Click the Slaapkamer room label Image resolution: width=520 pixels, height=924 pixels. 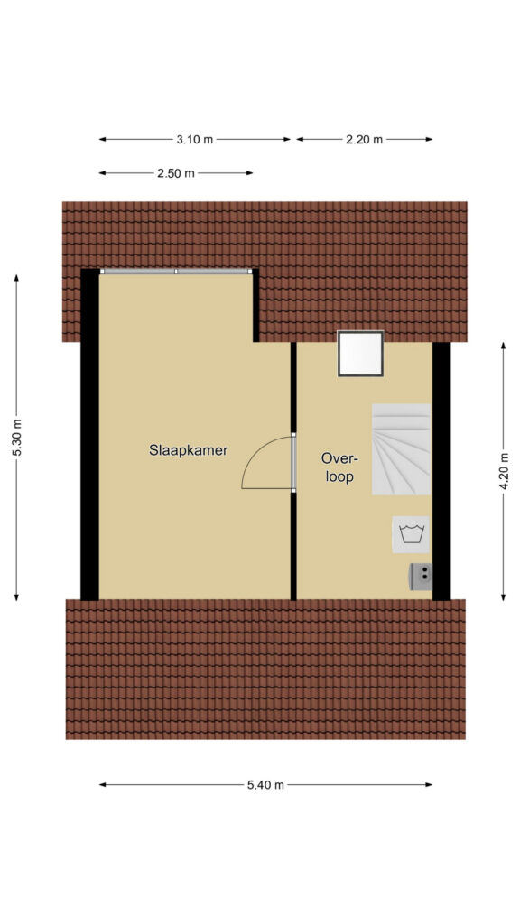(188, 451)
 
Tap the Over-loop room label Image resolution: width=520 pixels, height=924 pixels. (338, 467)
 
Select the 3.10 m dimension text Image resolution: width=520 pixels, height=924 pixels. (195, 140)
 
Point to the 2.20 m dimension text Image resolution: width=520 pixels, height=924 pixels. (365, 140)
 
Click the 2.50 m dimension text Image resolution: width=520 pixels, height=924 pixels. (176, 173)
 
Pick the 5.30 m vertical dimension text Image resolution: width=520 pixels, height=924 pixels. (16, 438)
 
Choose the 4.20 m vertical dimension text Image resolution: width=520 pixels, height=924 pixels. (504, 471)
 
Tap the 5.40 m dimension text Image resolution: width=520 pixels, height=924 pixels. (265, 785)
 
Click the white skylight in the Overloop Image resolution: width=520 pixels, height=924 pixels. (360, 353)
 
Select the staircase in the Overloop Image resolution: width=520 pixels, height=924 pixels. (401, 449)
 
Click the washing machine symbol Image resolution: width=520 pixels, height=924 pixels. (411, 534)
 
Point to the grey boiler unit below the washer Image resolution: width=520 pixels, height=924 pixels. (421, 577)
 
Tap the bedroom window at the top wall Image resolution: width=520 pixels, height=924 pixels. (176, 272)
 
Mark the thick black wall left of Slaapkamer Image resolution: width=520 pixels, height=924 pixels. (89, 434)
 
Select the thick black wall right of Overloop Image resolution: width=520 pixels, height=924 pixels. (441, 471)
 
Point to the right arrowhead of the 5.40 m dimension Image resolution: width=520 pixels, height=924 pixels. (429, 785)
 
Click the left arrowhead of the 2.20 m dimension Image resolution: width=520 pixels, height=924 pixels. (300, 140)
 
